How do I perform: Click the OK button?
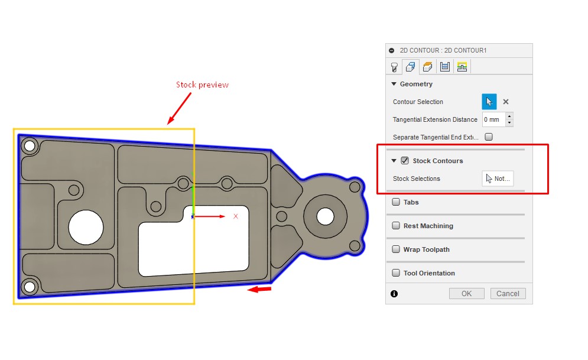tap(466, 294)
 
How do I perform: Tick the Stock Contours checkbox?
tap(405, 161)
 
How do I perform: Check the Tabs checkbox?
tap(395, 202)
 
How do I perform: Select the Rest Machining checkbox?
tap(395, 226)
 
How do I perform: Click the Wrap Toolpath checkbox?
tap(395, 249)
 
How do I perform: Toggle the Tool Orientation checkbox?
tap(395, 273)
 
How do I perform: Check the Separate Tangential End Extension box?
tap(489, 137)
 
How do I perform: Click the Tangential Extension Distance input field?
tap(493, 119)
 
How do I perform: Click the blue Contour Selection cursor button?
tap(489, 102)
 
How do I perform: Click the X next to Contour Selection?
tap(506, 102)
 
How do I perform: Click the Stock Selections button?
tap(498, 179)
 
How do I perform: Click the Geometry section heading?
tap(416, 84)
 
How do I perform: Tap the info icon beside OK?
tap(394, 294)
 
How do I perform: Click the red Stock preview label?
tap(202, 85)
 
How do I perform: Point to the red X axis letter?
tap(236, 216)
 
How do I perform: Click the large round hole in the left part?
tap(86, 228)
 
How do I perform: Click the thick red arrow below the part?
tap(259, 289)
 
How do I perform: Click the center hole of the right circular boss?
tap(324, 217)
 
